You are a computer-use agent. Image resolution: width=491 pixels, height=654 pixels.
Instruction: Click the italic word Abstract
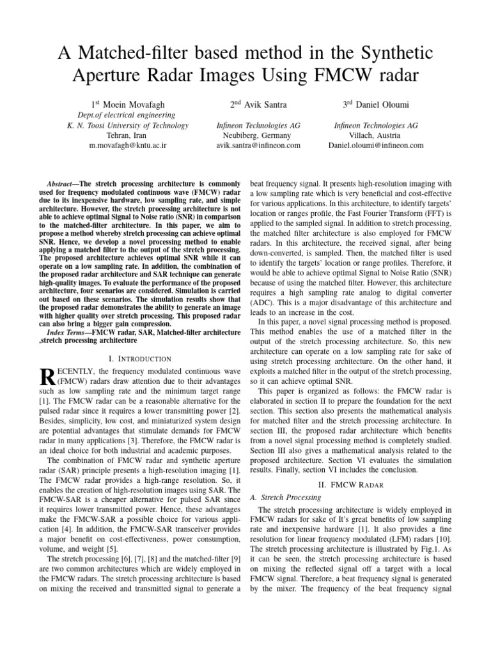(63, 182)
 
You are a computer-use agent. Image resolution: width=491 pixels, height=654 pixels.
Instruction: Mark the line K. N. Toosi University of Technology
(128, 125)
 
